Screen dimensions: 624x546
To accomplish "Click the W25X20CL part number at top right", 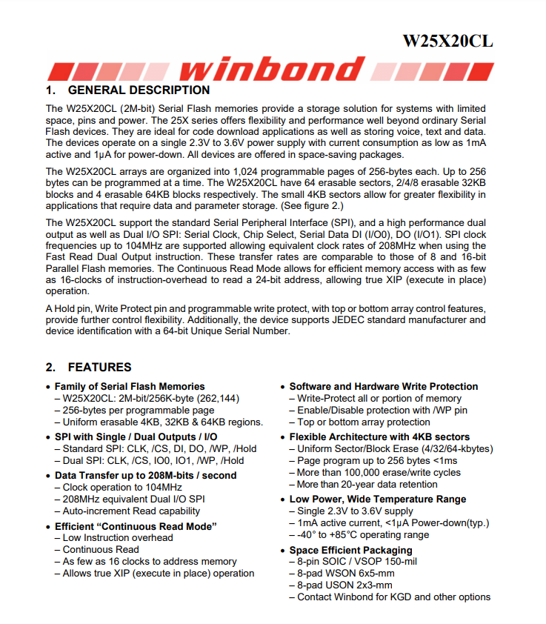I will point(447,41).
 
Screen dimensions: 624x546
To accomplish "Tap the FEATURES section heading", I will point(99,367).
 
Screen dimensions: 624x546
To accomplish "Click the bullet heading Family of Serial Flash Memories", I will point(130,386).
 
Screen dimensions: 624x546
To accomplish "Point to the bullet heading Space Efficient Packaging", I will point(350,550).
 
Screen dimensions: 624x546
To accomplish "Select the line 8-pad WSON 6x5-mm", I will point(346,574).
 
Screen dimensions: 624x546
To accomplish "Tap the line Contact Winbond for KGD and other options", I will point(393,597).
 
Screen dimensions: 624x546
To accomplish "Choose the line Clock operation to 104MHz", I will point(122,487).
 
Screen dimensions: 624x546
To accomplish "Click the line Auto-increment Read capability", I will point(131,511).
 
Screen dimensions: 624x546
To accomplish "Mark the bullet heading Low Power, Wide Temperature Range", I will point(378,499).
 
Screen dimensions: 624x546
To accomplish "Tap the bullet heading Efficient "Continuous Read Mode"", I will point(136,526).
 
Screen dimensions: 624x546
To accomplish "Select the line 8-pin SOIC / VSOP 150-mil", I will point(357,562).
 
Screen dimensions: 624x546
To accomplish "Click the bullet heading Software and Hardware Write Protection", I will point(384,386).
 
